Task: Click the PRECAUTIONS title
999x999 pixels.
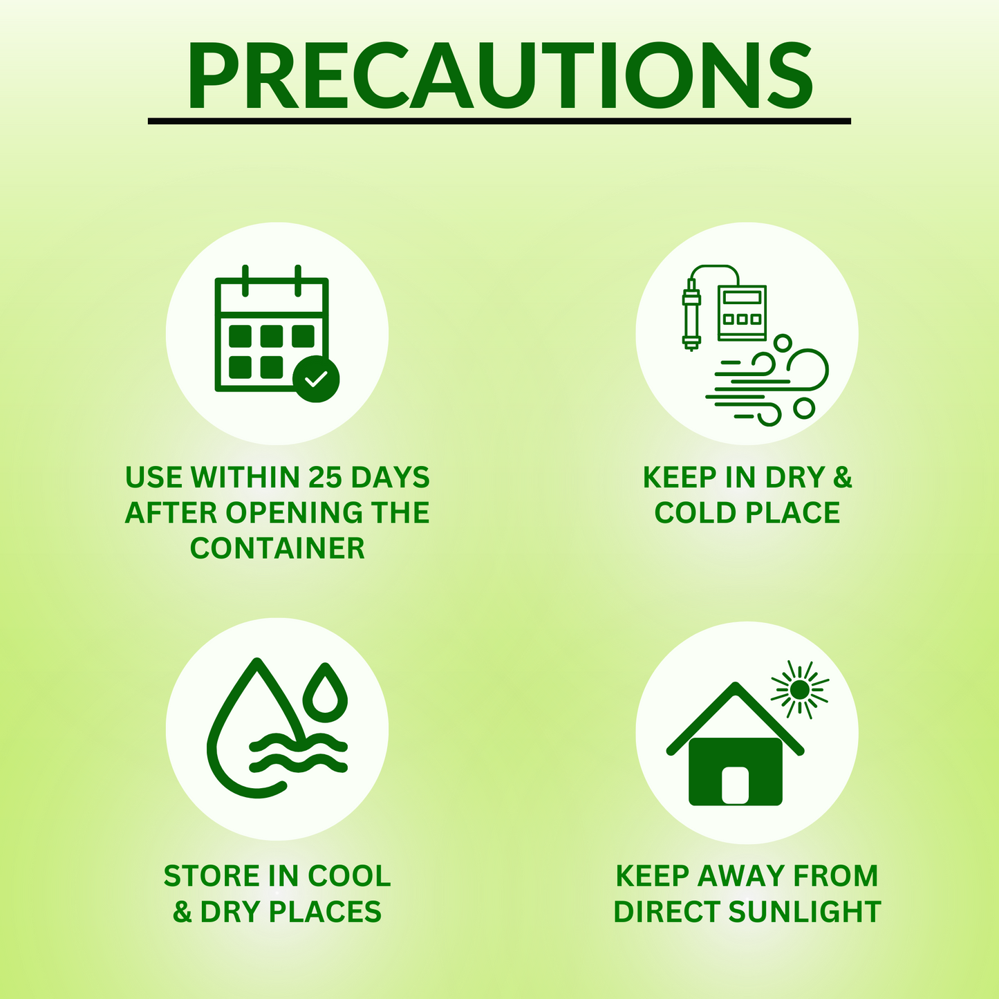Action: [499, 76]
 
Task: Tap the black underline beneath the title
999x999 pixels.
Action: [499, 121]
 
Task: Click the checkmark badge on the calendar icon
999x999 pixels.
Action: [316, 379]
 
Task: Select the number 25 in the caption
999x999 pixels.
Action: [326, 477]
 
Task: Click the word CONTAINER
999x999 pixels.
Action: [277, 548]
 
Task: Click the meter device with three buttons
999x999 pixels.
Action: [742, 313]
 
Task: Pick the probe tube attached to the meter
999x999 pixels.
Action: [691, 315]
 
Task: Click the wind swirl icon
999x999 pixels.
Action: [767, 381]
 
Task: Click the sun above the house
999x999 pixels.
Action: [799, 689]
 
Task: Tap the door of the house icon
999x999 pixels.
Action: [735, 785]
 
